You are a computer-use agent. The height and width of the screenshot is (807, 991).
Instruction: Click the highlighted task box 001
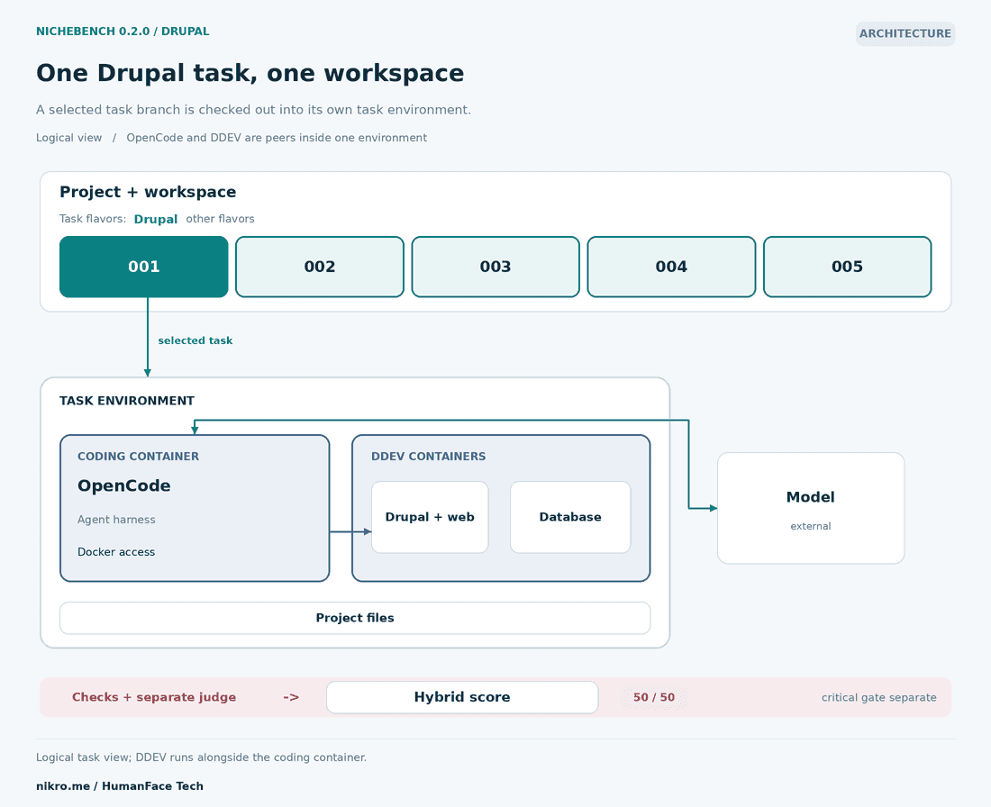pyautogui.click(x=144, y=267)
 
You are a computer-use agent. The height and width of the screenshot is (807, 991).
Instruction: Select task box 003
pyautogui.click(x=495, y=267)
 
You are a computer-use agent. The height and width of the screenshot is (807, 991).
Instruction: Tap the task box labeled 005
pyautogui.click(x=848, y=267)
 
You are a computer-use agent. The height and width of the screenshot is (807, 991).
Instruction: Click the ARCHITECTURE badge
pyautogui.click(x=905, y=33)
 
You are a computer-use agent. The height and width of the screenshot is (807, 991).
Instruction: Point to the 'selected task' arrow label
pyautogui.click(x=195, y=340)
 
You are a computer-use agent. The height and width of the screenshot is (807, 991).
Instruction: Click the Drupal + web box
pyautogui.click(x=430, y=517)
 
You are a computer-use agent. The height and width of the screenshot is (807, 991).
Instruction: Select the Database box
pyautogui.click(x=570, y=517)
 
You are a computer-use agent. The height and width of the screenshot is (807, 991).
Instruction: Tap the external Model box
pyautogui.click(x=811, y=508)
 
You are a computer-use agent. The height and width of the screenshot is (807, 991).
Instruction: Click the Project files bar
pyautogui.click(x=355, y=618)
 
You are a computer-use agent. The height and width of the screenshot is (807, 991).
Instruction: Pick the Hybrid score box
pyautogui.click(x=462, y=697)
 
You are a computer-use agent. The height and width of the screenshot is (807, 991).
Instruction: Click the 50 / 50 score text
pyautogui.click(x=654, y=697)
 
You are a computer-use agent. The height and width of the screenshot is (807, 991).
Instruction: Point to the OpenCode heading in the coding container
pyautogui.click(x=124, y=486)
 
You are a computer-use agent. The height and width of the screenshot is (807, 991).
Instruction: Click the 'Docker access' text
pyautogui.click(x=116, y=552)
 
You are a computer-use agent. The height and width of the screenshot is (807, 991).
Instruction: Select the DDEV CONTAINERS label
pyautogui.click(x=429, y=457)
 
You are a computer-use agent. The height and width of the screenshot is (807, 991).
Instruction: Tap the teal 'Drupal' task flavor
pyautogui.click(x=156, y=219)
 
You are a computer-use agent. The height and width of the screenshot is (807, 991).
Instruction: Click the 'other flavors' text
pyautogui.click(x=220, y=219)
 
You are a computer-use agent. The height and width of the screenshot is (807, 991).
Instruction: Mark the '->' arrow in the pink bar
pyautogui.click(x=291, y=697)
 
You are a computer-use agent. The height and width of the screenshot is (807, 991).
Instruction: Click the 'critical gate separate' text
pyautogui.click(x=879, y=698)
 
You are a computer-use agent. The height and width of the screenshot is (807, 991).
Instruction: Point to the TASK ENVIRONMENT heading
pyautogui.click(x=127, y=401)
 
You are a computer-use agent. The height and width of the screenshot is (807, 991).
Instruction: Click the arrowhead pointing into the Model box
pyautogui.click(x=714, y=508)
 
